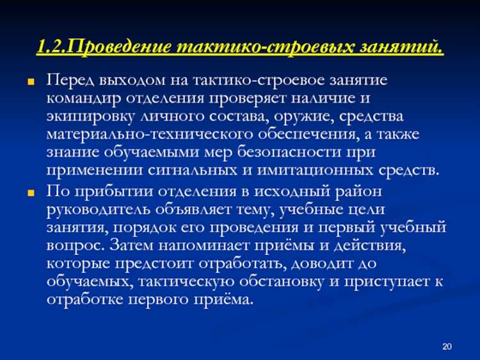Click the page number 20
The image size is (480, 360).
[x=447, y=347]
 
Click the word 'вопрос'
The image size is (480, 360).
[x=72, y=246]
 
